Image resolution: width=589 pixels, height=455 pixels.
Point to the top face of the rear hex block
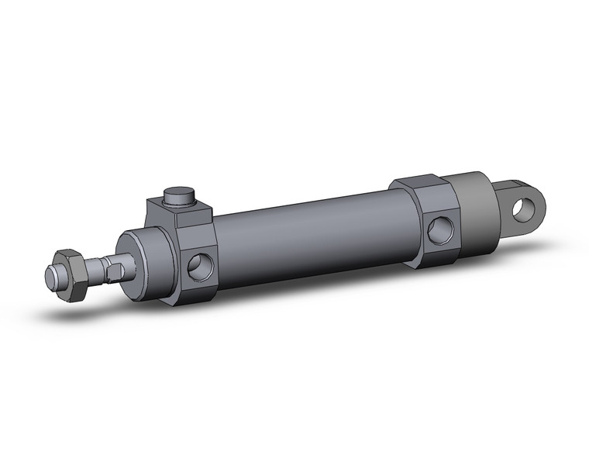[418, 184]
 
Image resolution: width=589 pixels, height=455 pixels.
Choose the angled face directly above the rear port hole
[436, 200]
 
